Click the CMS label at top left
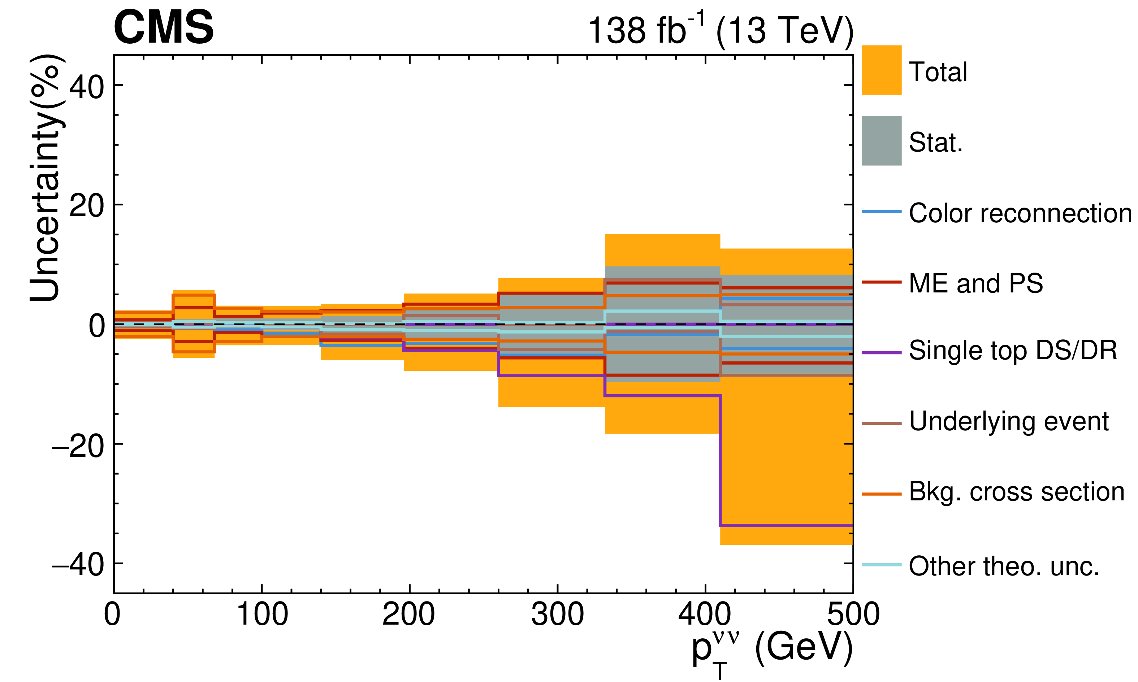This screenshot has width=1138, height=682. coord(164,27)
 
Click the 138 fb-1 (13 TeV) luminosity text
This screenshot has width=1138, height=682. coord(721,30)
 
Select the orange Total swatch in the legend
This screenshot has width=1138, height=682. coord(881,70)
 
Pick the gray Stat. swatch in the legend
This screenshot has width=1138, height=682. coord(881,141)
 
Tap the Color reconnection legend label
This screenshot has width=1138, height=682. coord(1020,213)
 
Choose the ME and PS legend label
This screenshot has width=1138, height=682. coord(975,283)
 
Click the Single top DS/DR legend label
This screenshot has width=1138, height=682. coord(1013,351)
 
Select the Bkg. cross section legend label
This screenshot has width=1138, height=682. coord(1016,492)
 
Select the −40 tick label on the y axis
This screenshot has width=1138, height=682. coord(78,565)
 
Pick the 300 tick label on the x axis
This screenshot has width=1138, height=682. coord(557,614)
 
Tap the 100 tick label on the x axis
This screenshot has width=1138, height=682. coord(262,614)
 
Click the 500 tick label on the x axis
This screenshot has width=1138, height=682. coord(853,614)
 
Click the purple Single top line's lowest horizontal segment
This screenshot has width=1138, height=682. coord(786,525)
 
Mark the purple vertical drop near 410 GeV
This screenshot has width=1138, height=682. coord(720,460)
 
